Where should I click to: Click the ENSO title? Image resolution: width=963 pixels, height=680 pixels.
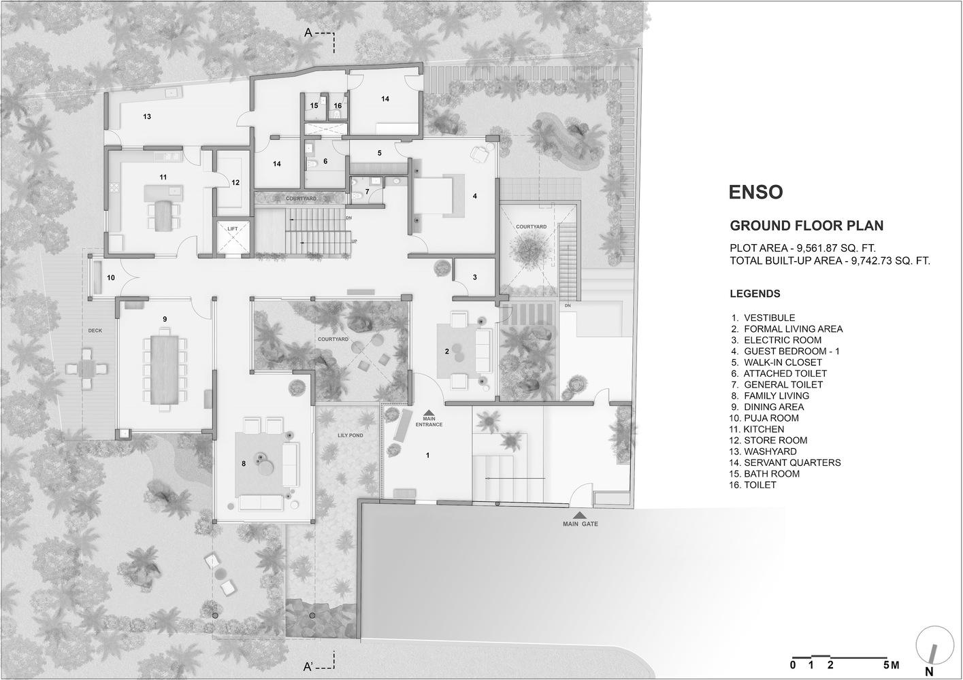[x=756, y=192]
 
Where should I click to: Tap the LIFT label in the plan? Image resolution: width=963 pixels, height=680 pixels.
[x=233, y=228]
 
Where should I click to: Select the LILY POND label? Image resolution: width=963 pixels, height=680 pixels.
[x=350, y=435]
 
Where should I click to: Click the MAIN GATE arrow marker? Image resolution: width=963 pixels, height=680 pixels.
[x=580, y=515]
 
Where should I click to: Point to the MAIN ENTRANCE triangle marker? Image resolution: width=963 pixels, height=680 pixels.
[x=429, y=412]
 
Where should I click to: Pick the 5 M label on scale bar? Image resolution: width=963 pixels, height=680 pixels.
[x=892, y=665]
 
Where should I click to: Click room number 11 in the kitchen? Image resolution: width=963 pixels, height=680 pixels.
[x=163, y=177]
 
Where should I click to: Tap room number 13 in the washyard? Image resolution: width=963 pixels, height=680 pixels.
[x=147, y=116]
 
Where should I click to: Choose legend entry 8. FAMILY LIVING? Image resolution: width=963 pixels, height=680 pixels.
[x=770, y=396]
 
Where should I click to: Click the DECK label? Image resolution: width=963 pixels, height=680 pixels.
[x=95, y=330]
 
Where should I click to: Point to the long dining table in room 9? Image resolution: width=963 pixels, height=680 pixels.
[x=165, y=370]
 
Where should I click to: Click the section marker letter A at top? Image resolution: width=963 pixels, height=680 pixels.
[x=308, y=33]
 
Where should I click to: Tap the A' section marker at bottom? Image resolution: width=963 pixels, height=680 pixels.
[x=309, y=666]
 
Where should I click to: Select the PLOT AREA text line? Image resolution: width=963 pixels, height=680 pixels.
[x=802, y=248]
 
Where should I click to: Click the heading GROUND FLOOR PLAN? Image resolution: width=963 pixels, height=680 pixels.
[x=806, y=226]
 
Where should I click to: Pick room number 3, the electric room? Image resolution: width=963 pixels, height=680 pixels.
[x=474, y=277]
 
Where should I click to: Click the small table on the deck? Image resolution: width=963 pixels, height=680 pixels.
[x=87, y=369]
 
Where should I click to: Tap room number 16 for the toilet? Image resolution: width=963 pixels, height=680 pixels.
[x=338, y=105]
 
